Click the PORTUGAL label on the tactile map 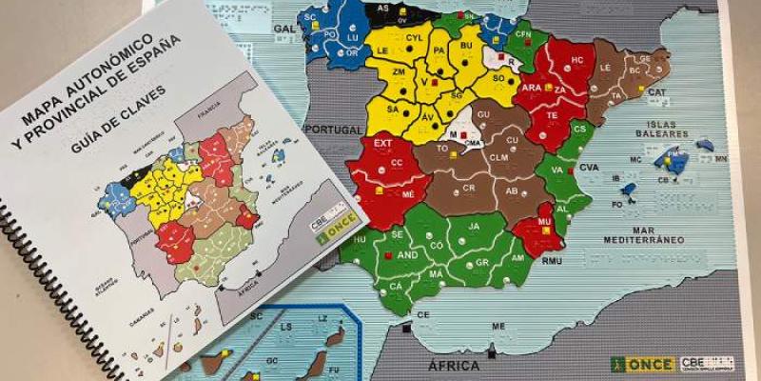(x=332, y=130)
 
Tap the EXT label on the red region (x=382, y=144)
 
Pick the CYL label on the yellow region (x=414, y=38)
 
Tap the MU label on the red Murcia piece (x=544, y=222)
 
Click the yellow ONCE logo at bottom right (x=643, y=364)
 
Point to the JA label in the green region (x=472, y=227)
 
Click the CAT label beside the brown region (x=656, y=92)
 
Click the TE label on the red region (x=552, y=114)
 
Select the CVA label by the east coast (x=589, y=167)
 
